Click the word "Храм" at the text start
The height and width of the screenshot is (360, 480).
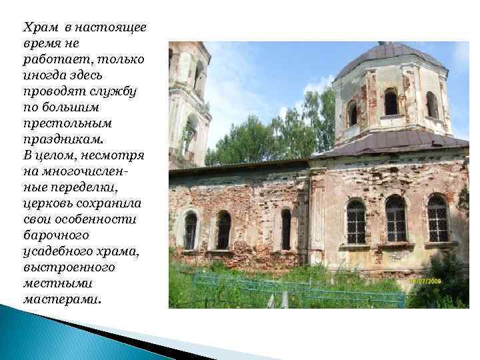(x=39, y=28)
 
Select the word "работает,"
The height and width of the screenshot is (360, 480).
(x=51, y=61)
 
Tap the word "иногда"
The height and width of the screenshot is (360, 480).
(x=43, y=75)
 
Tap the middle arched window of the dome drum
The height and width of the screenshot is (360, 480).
(x=391, y=103)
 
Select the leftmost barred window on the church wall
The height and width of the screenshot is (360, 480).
(x=190, y=231)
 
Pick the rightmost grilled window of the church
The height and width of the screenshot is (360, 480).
(x=437, y=219)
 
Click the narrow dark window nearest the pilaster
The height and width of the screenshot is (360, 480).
(x=286, y=229)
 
